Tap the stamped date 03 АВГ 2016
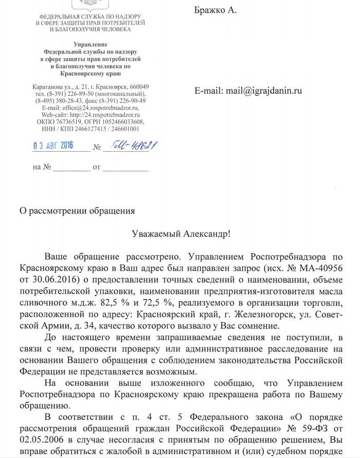(x=53, y=146)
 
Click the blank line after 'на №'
(x=71, y=168)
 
